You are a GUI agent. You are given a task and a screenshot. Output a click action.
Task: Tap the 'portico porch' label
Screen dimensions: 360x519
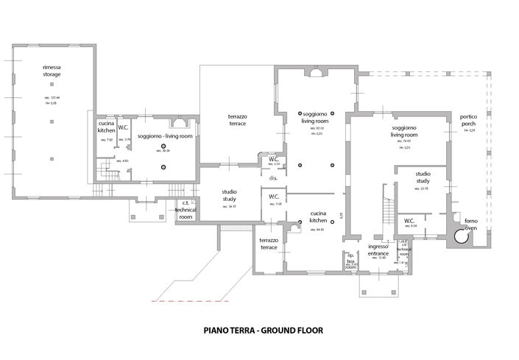coord(469,121)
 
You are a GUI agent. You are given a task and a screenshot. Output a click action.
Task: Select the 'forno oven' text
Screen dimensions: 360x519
coord(470,225)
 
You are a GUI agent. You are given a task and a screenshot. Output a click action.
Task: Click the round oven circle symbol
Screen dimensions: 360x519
coord(462,237)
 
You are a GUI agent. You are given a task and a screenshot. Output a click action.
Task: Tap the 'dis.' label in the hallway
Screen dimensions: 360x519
coord(272,178)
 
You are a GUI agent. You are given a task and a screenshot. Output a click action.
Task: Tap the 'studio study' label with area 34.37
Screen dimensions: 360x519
coord(229,195)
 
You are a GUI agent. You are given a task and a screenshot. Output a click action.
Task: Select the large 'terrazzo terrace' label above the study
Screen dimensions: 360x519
coord(236,121)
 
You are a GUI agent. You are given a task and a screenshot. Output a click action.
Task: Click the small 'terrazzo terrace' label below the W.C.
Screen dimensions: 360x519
coord(269,244)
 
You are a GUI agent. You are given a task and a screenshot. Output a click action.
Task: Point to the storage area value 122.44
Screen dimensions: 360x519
coord(52,97)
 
